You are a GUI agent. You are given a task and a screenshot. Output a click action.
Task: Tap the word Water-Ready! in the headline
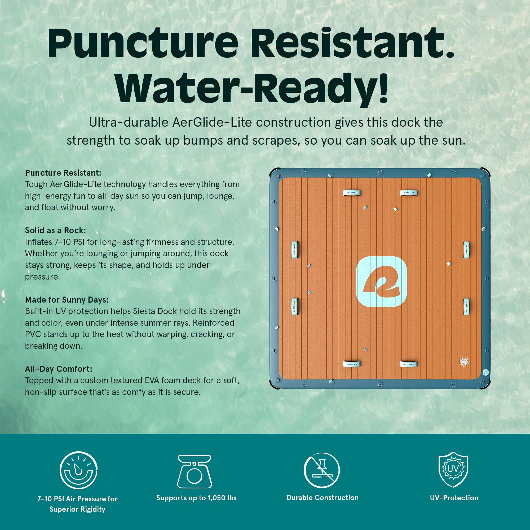pyautogui.click(x=252, y=89)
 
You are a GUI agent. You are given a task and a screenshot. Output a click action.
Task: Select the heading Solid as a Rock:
pyautogui.click(x=55, y=230)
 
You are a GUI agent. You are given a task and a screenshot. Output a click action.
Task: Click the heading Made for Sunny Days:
pyautogui.click(x=67, y=299)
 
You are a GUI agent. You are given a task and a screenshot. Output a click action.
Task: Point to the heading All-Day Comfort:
pyautogui.click(x=58, y=369)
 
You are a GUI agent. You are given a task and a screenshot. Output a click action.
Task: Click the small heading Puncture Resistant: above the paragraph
pyautogui.click(x=63, y=173)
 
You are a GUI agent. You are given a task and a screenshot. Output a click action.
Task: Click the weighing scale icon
pyautogui.click(x=195, y=472)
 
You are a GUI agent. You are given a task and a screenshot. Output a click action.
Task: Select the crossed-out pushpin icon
pyautogui.click(x=321, y=470)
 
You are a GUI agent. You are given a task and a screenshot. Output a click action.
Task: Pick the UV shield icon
pyautogui.click(x=453, y=469)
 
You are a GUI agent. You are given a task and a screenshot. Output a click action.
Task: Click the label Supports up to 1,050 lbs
pyautogui.click(x=196, y=498)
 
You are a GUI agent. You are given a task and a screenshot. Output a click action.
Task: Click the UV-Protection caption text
pyautogui.click(x=454, y=498)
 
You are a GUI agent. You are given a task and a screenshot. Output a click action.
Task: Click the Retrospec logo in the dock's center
pyautogui.click(x=381, y=282)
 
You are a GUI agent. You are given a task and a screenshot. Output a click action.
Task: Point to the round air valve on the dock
pyautogui.click(x=464, y=361)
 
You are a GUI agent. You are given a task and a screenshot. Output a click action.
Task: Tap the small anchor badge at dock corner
pyautogui.click(x=485, y=372)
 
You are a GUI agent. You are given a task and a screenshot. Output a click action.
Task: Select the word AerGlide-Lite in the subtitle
pyautogui.click(x=212, y=122)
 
